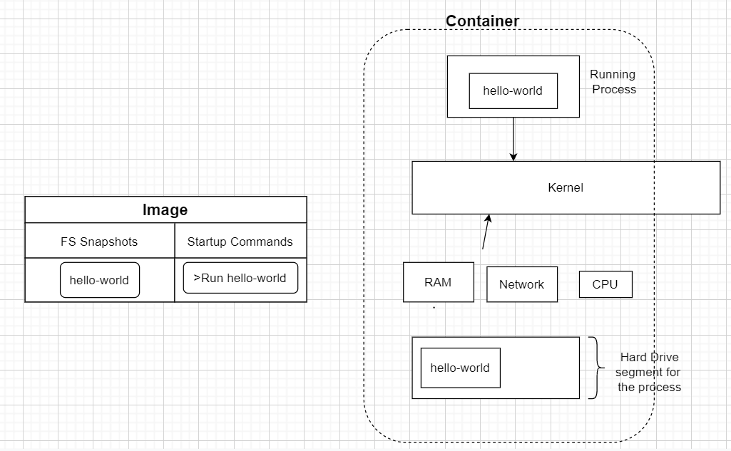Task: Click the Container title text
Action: click(482, 21)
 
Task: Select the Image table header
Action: click(165, 210)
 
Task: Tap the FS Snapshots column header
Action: click(99, 242)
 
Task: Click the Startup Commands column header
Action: click(240, 242)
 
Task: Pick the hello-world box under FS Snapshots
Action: click(99, 280)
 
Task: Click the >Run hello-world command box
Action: click(240, 278)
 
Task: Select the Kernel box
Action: click(566, 187)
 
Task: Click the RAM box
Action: click(438, 282)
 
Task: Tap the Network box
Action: click(521, 284)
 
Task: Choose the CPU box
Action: click(605, 284)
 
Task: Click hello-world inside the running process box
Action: click(513, 90)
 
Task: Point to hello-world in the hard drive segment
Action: click(460, 368)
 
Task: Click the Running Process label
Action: click(613, 82)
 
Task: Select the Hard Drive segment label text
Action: click(649, 373)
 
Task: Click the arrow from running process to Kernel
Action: click(513, 139)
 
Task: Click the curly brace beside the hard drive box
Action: click(595, 368)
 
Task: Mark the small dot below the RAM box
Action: click(434, 309)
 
